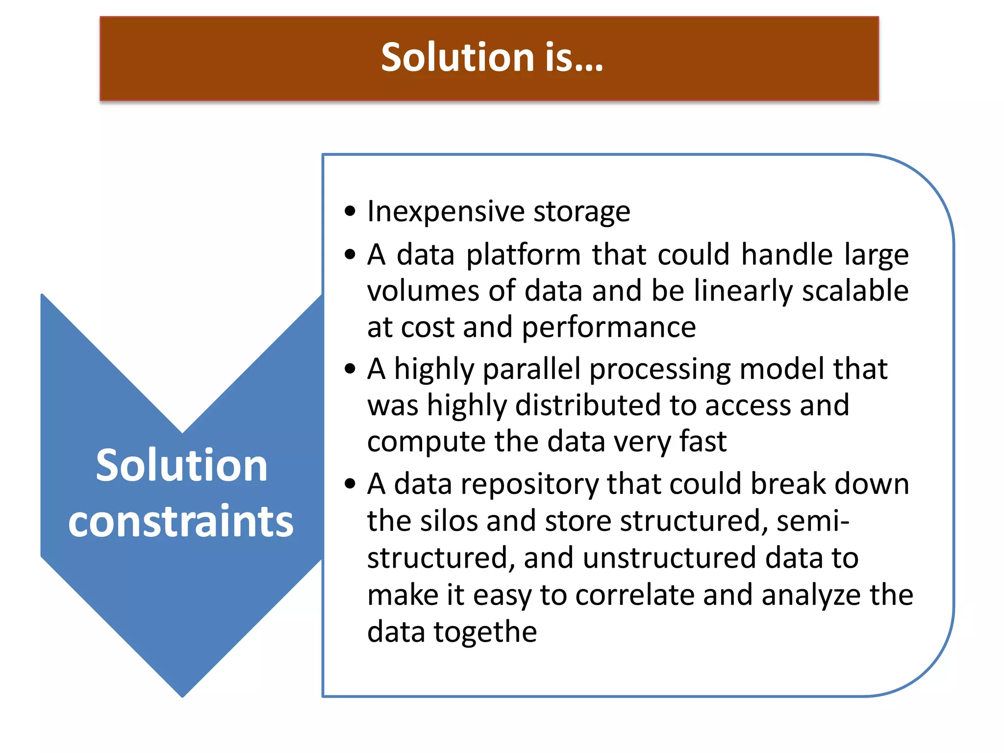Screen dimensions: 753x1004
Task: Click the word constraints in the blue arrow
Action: pyautogui.click(x=181, y=520)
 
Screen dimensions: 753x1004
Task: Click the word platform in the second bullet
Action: pyautogui.click(x=523, y=255)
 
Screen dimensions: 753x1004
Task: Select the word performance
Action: pyautogui.click(x=608, y=327)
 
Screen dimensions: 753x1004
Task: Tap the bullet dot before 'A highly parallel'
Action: pyautogui.click(x=350, y=369)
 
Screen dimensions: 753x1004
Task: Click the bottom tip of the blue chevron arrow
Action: pyautogui.click(x=182, y=695)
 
